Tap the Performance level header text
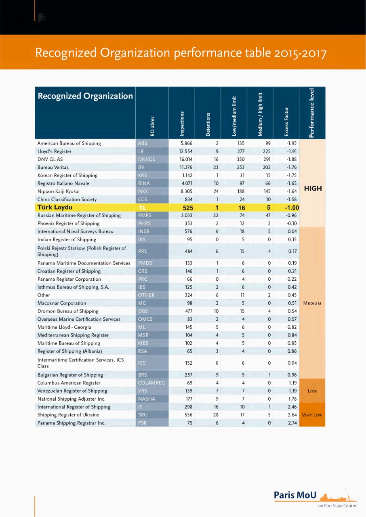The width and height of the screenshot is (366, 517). [x=311, y=113]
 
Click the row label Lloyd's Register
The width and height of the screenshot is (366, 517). [x=54, y=151]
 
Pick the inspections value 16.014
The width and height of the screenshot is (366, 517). [x=185, y=159]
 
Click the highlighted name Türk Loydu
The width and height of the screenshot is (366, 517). [x=55, y=208]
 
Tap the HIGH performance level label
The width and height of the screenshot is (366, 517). [x=313, y=188]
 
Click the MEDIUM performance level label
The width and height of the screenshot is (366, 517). [x=312, y=303]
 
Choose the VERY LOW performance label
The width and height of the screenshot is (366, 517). [x=312, y=415]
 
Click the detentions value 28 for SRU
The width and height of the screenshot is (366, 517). [x=216, y=415]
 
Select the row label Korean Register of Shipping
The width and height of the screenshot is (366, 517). [x=67, y=175]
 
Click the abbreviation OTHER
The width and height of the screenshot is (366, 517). [x=146, y=295]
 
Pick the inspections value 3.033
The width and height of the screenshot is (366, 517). [x=185, y=215]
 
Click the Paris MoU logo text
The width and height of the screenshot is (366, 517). [x=295, y=495]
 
